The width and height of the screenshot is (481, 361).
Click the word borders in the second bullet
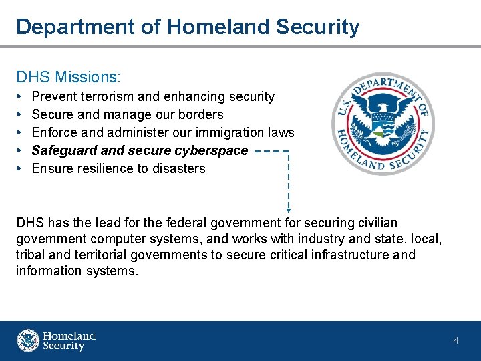pyautogui.click(x=200, y=114)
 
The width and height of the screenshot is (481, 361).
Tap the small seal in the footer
pyautogui.click(x=28, y=340)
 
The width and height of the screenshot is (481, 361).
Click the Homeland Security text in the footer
pyautogui.click(x=69, y=341)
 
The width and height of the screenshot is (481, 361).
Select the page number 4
pyautogui.click(x=456, y=341)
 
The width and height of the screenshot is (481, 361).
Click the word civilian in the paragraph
pyautogui.click(x=374, y=223)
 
